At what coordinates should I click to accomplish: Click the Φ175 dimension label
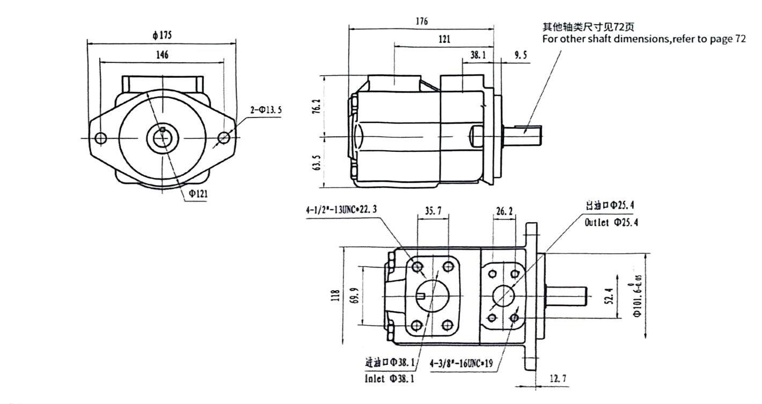pos(162,36)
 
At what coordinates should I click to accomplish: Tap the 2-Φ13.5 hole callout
pos(266,110)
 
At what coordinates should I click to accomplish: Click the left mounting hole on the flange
pos(100,138)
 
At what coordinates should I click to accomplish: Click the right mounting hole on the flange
pos(224,138)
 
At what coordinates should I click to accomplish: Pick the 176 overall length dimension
pos(421,21)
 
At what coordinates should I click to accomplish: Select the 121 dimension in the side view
pos(444,39)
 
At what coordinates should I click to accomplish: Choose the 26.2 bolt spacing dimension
pos(504,212)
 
